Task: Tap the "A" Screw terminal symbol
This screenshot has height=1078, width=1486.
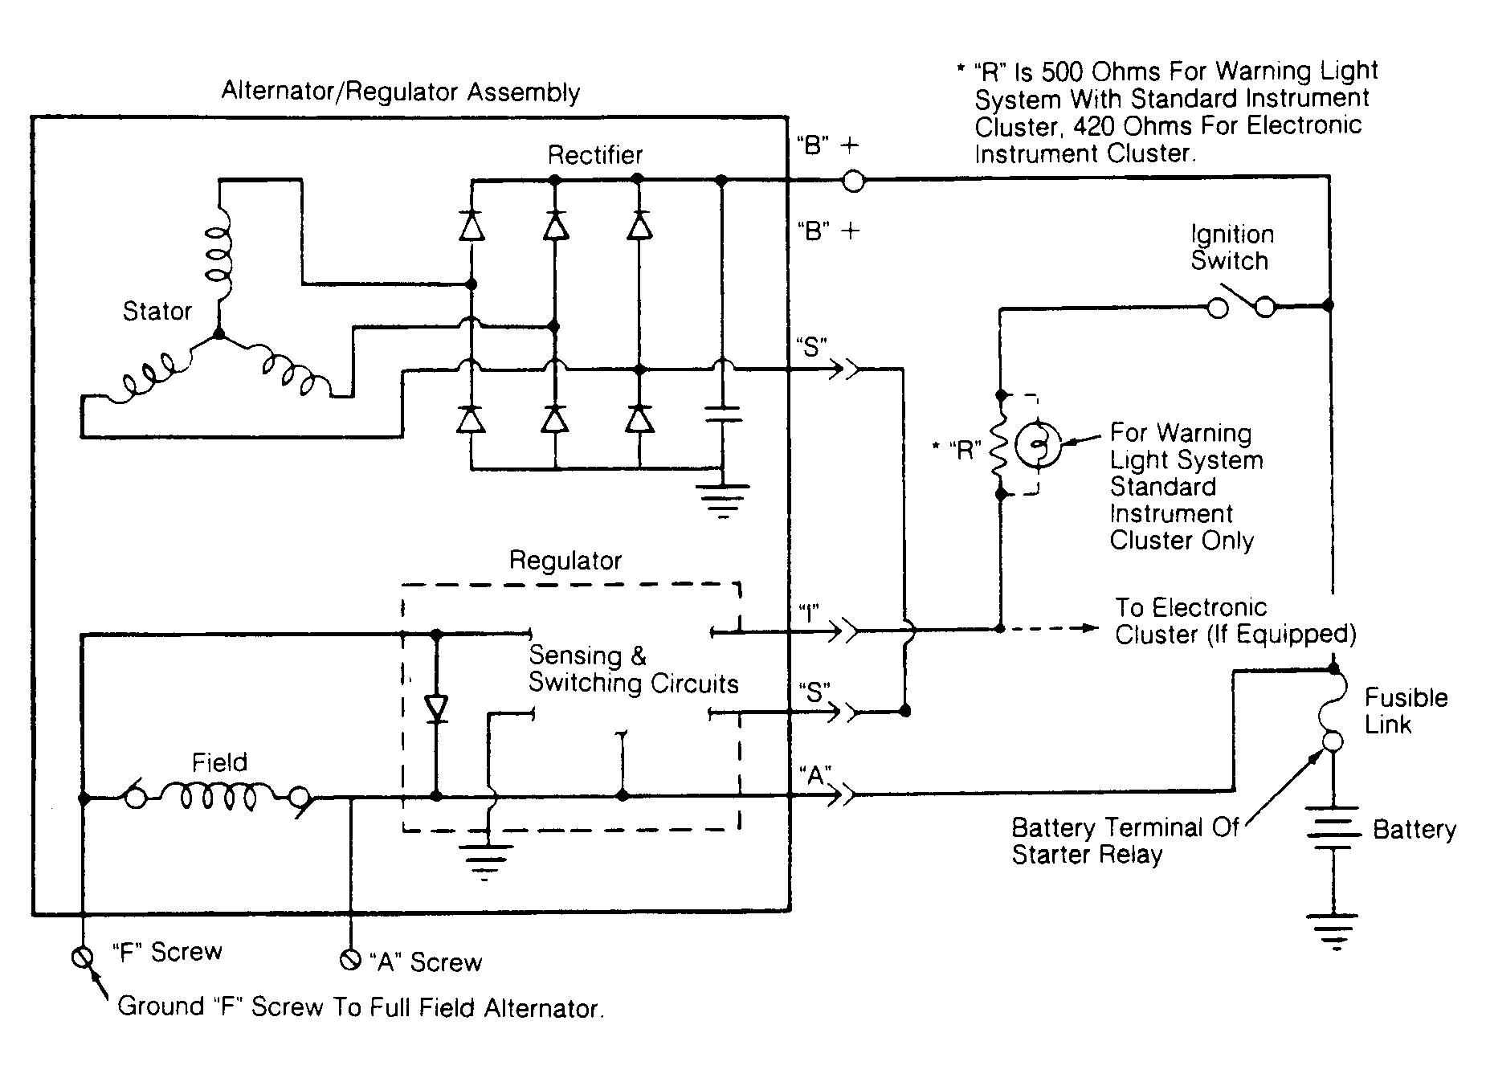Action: (x=349, y=959)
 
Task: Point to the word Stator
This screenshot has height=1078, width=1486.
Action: (x=157, y=311)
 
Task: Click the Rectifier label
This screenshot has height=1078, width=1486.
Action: (x=595, y=154)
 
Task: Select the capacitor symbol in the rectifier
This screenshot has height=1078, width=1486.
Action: (x=723, y=414)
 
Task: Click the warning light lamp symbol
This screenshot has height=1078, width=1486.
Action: (x=1038, y=444)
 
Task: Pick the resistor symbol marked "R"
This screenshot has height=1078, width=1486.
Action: (x=1001, y=445)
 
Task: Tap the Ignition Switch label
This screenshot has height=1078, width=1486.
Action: (x=1232, y=247)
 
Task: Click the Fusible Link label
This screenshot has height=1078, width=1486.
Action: (x=1406, y=711)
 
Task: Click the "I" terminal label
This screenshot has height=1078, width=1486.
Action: (x=809, y=615)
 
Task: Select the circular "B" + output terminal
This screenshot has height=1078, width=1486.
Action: (x=854, y=182)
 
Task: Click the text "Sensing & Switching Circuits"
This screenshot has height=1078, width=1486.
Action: (x=633, y=669)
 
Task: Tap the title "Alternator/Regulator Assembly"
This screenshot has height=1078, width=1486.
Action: (x=400, y=92)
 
